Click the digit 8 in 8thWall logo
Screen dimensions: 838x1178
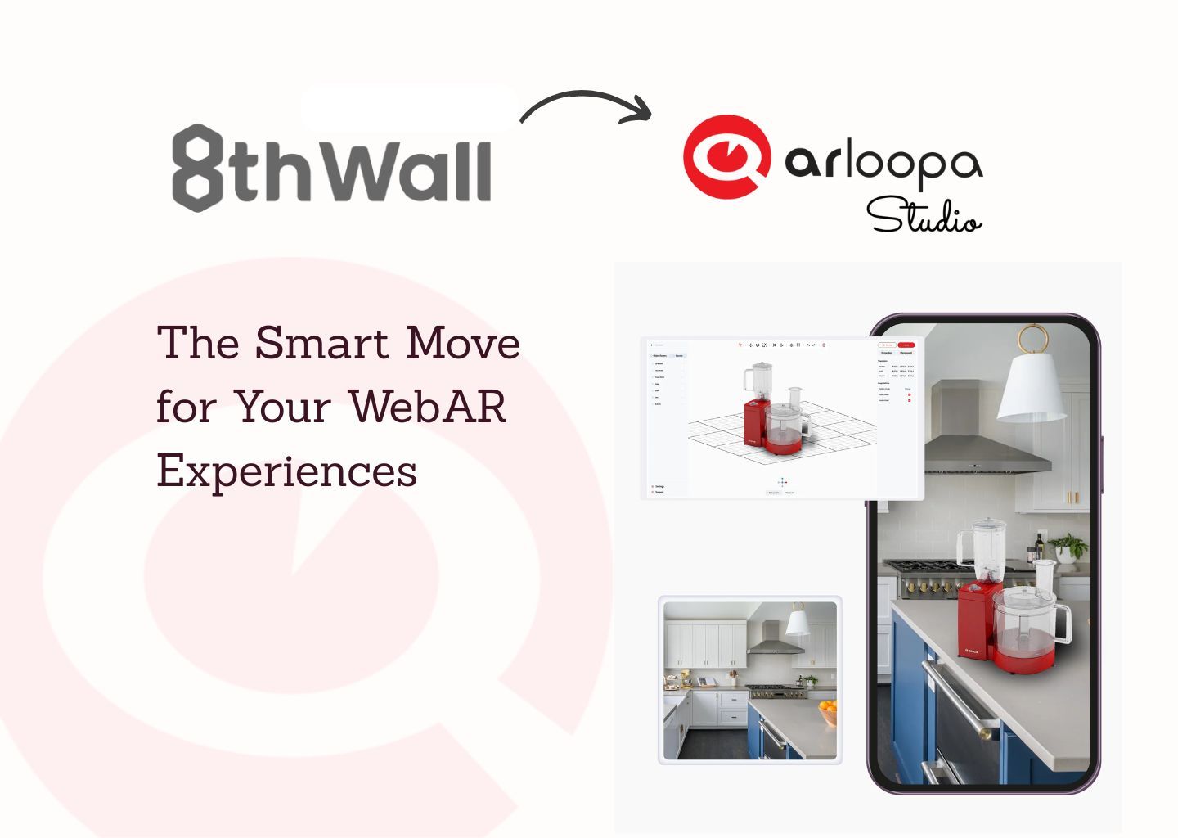197,168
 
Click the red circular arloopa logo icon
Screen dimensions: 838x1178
724,157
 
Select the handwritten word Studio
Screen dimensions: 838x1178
924,217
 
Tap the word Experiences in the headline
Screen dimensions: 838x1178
286,471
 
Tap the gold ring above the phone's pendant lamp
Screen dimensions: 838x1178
1033,338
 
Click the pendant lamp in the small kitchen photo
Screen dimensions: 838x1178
798,623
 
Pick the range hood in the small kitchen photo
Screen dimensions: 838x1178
776,641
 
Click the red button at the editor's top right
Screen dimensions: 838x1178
906,345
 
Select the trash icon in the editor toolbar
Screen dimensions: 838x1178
824,345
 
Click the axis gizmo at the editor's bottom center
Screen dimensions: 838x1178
782,482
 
